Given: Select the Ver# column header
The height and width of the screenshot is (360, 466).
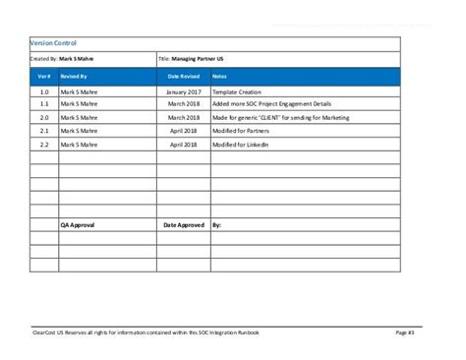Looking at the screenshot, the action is pyautogui.click(x=44, y=75).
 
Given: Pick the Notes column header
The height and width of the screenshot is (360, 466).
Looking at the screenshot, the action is pyautogui.click(x=219, y=75).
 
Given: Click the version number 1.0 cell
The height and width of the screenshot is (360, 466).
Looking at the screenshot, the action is pyautogui.click(x=44, y=90).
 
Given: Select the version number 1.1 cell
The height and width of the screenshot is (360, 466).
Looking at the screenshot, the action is pyautogui.click(x=44, y=103).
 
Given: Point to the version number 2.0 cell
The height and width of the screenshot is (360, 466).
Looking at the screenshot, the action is pyautogui.click(x=44, y=117).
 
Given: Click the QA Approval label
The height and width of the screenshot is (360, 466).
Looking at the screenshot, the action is pyautogui.click(x=79, y=224).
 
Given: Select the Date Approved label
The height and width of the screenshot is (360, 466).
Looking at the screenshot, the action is pyautogui.click(x=183, y=224).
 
